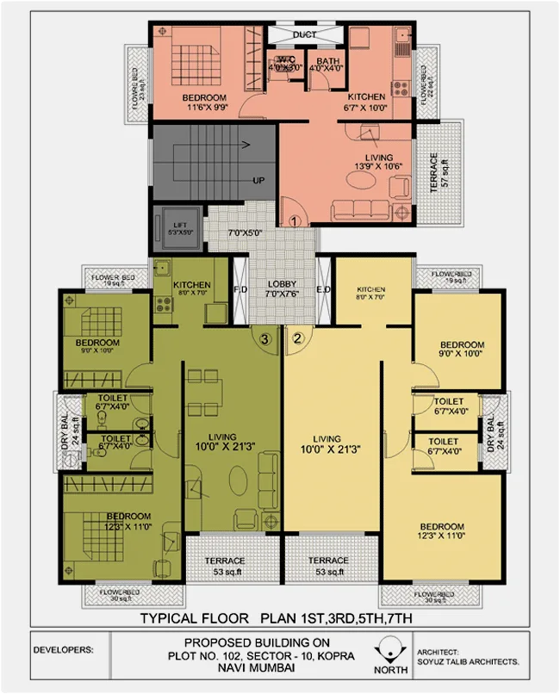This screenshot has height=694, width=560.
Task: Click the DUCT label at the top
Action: click(x=304, y=34)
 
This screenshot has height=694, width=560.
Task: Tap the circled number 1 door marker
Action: click(x=294, y=220)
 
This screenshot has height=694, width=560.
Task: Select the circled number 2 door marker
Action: click(x=298, y=338)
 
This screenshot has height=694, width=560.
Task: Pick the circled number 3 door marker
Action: click(x=266, y=338)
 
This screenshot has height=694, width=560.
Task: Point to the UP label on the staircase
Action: click(x=258, y=181)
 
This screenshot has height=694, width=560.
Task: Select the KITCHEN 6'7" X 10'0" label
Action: click(x=366, y=102)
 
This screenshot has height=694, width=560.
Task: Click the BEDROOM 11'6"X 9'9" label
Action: click(x=204, y=102)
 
